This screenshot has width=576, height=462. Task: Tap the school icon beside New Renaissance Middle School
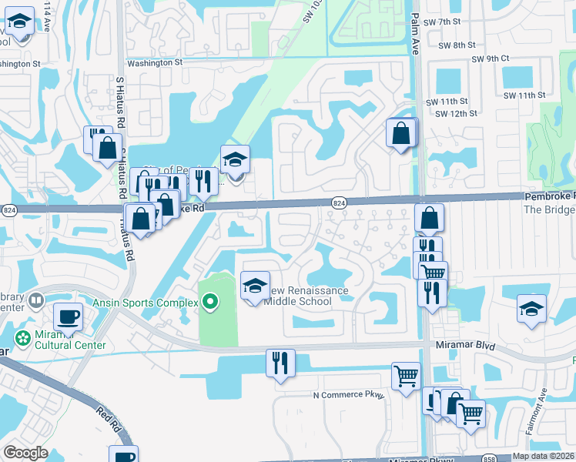(256, 286)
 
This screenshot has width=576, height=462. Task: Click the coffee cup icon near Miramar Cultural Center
(68, 316)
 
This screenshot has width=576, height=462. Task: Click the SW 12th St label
(457, 113)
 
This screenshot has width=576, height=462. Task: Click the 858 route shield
(491, 457)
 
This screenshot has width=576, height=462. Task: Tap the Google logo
(25, 453)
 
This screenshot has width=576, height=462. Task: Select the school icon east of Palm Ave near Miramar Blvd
(531, 309)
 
